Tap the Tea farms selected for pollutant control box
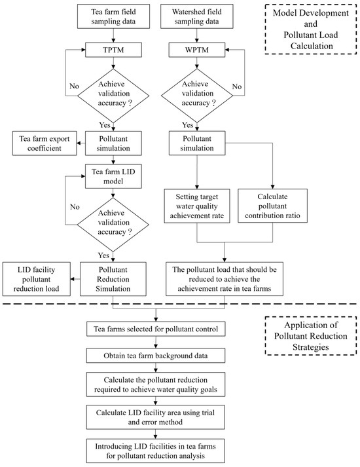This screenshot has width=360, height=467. pos(156,327)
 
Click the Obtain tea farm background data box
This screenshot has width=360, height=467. pos(156,355)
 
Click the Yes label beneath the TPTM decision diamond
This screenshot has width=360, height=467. pos(103,125)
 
